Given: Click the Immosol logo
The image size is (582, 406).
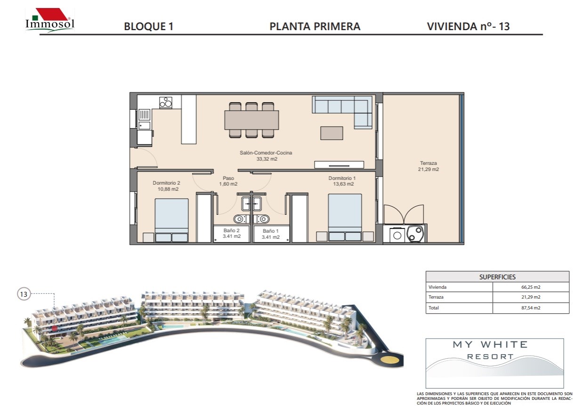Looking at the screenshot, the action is point(50,20).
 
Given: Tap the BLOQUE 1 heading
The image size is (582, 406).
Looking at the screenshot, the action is point(149,26).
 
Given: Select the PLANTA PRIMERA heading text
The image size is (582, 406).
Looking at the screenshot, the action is point(315,26).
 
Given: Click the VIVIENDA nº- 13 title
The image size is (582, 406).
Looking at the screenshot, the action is point(469,26).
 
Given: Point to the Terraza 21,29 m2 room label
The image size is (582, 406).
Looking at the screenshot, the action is point(428,166).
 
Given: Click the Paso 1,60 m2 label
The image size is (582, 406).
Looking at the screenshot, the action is point(228,181).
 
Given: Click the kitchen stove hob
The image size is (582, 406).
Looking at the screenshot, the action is point(166,102).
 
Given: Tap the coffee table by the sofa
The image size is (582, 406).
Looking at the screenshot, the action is point(332,133).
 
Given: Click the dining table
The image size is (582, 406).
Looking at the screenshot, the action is point(252,120).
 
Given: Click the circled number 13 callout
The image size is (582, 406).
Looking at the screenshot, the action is point(24,294).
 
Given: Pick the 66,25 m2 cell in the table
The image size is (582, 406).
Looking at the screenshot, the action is point(531,287).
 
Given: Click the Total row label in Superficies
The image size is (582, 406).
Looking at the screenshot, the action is point(434,308).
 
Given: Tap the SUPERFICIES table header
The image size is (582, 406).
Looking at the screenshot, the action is point(497,277).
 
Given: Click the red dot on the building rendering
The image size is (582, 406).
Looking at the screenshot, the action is point(54,328).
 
